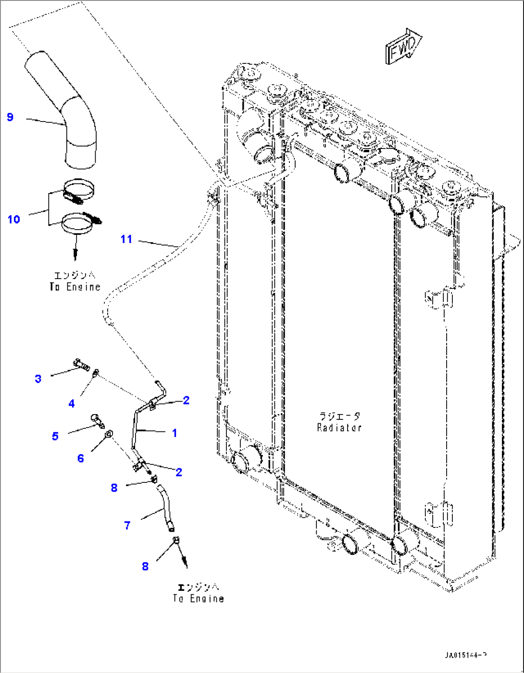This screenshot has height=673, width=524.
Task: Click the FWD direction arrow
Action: tap(403, 46)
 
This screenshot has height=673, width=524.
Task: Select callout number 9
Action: tap(10, 117)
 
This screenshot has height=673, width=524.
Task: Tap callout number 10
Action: tap(13, 220)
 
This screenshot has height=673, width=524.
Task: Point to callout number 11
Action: tap(126, 239)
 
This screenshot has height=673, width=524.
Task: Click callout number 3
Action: tap(38, 379)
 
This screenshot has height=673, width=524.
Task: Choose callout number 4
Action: tap(72, 404)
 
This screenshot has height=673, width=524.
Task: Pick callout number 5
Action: tap(55, 436)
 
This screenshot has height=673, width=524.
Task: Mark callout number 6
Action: tap(80, 458)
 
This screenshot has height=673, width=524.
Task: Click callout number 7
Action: tap(127, 526)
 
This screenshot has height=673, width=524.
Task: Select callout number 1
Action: tap(175, 433)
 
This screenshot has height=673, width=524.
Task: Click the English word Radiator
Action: tap(339, 428)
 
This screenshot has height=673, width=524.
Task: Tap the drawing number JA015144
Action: tap(466, 655)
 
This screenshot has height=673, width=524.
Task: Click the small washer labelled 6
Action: tap(109, 435)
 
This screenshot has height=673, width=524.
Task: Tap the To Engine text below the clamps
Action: tap(75, 287)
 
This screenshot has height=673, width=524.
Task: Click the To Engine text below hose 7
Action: tap(199, 599)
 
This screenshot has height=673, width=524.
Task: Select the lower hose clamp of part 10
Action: tap(79, 223)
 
